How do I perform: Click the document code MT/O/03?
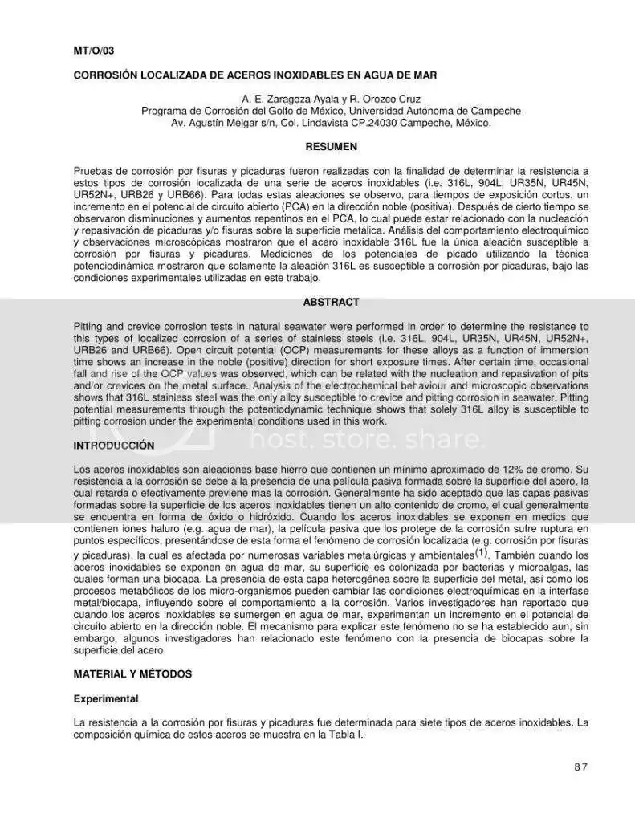(94, 51)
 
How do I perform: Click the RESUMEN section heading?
(331, 147)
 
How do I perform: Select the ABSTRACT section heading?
(331, 303)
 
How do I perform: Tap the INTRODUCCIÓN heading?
(114, 445)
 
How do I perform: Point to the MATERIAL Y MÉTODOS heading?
(132, 674)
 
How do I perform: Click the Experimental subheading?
(106, 699)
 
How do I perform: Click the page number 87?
(581, 767)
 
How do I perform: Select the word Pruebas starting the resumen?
(93, 171)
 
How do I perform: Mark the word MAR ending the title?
(424, 75)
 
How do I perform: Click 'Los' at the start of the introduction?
(83, 469)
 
